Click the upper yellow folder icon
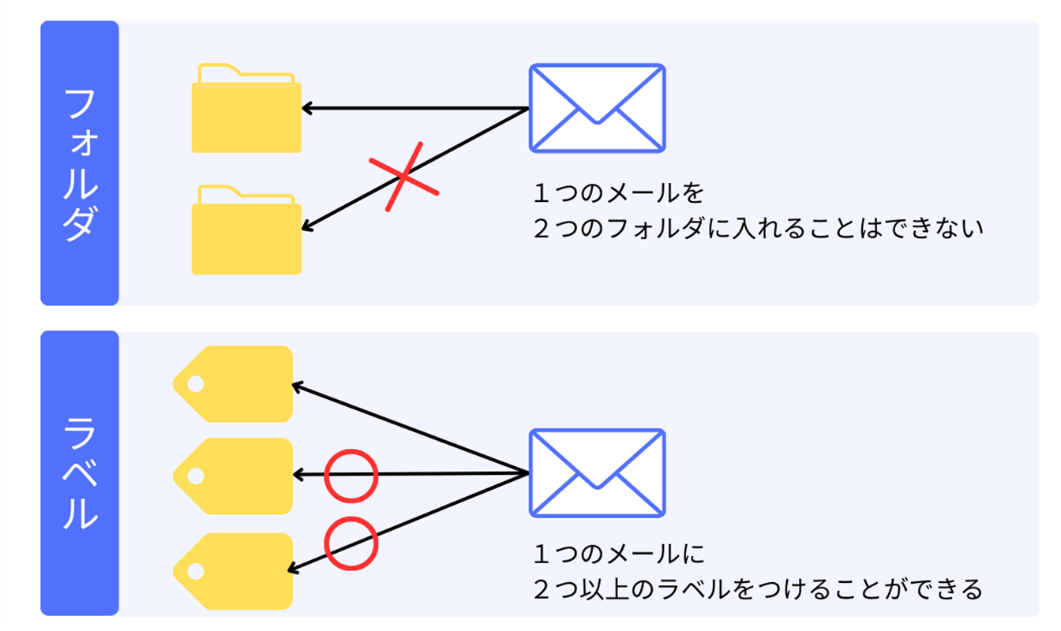(246, 110)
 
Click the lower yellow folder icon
(246, 233)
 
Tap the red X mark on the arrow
(403, 177)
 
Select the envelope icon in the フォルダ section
(597, 108)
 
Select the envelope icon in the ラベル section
(597, 473)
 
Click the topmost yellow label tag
(234, 384)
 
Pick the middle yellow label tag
(234, 476)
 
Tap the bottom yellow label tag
(234, 570)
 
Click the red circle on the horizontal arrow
(351, 476)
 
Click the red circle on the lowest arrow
(351, 543)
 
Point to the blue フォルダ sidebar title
(80, 163)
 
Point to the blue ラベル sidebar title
(80, 472)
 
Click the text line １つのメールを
(618, 192)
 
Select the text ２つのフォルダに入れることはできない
(758, 229)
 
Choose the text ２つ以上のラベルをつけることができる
(758, 589)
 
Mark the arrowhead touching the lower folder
(306, 227)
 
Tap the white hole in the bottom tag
(195, 570)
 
